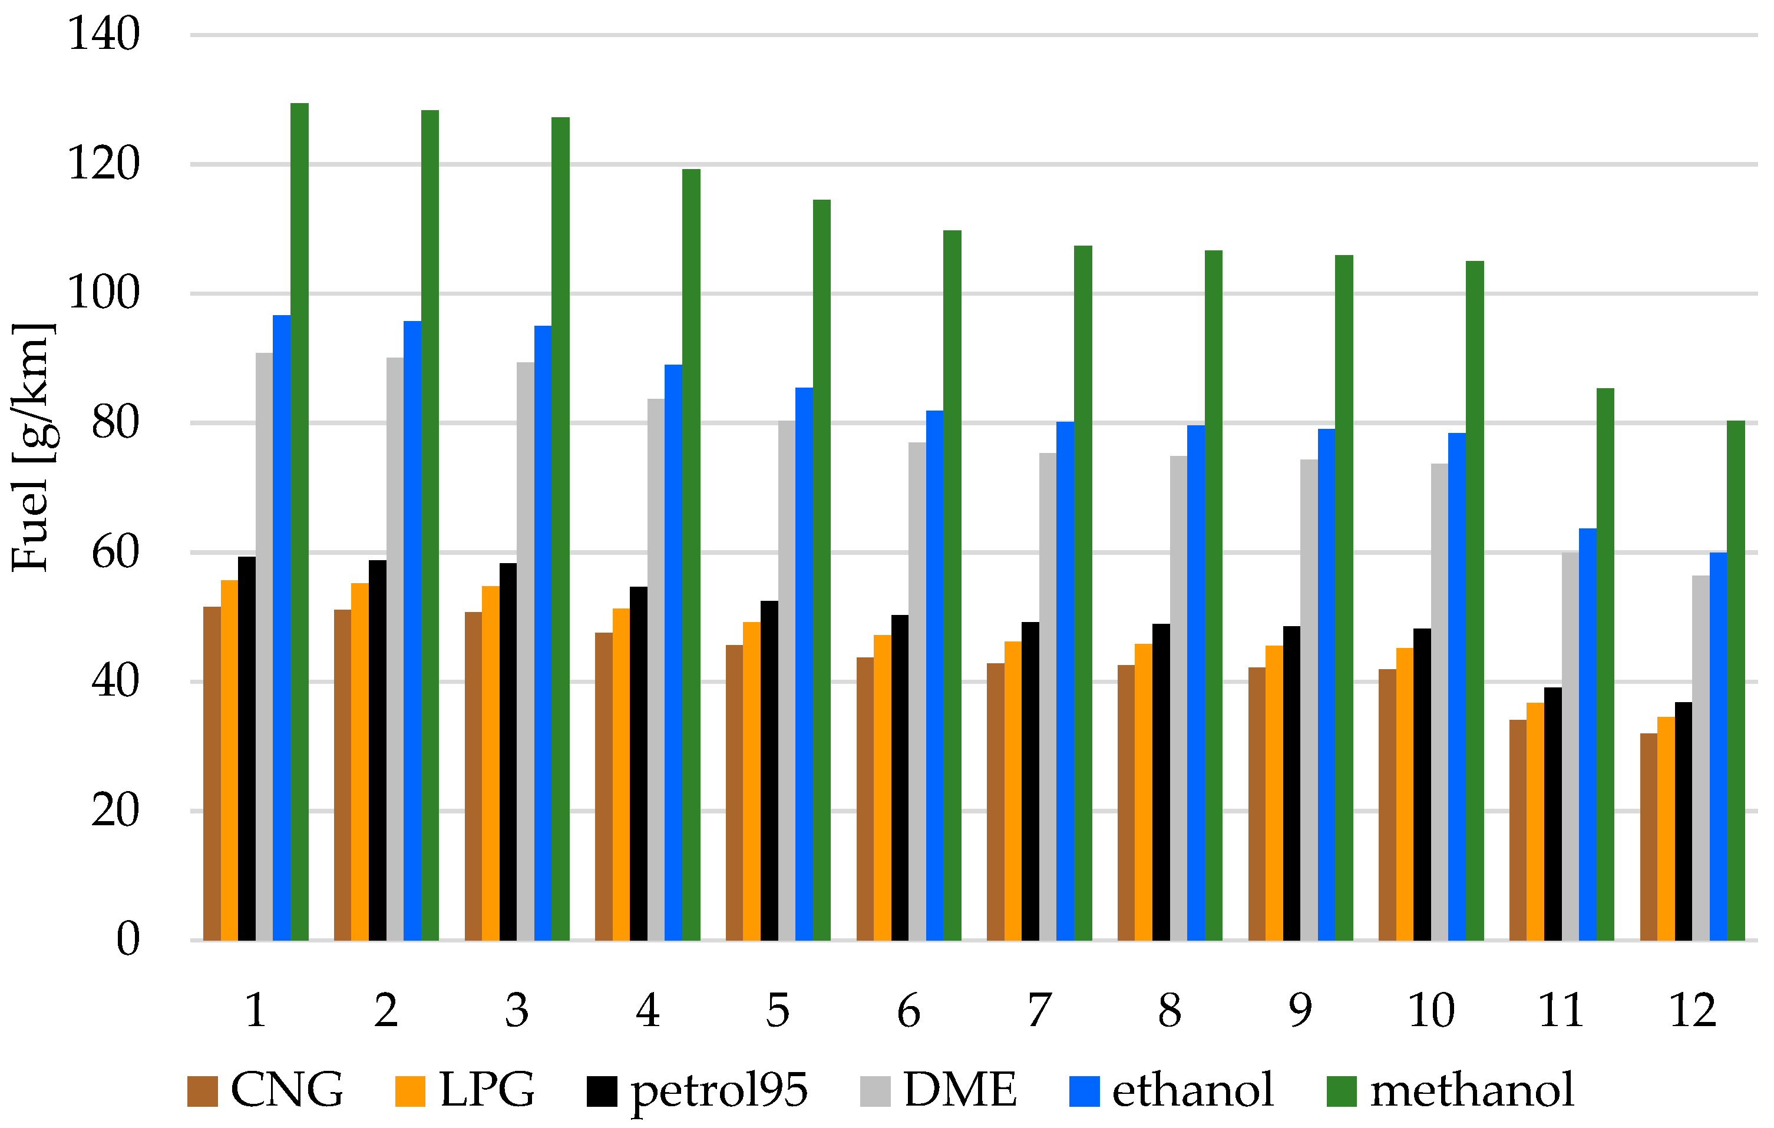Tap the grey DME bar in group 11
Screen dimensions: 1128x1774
[x=1570, y=746]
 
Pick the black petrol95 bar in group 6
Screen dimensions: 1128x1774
[x=900, y=778]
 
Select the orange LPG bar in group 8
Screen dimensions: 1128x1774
[x=1144, y=792]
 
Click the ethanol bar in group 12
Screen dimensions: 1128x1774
[x=1718, y=746]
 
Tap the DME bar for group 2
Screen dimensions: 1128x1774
[x=395, y=649]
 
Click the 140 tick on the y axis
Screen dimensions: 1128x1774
[x=103, y=35]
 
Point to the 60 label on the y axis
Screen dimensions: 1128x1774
[x=115, y=553]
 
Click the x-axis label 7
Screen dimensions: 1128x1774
[x=1039, y=1010]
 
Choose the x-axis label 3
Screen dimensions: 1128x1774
[x=517, y=1010]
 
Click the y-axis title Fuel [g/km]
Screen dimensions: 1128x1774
[x=31, y=447]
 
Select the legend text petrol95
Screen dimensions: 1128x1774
[x=719, y=1090]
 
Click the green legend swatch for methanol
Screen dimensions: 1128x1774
[x=1342, y=1091]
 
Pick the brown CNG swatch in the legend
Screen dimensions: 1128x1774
[x=203, y=1091]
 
